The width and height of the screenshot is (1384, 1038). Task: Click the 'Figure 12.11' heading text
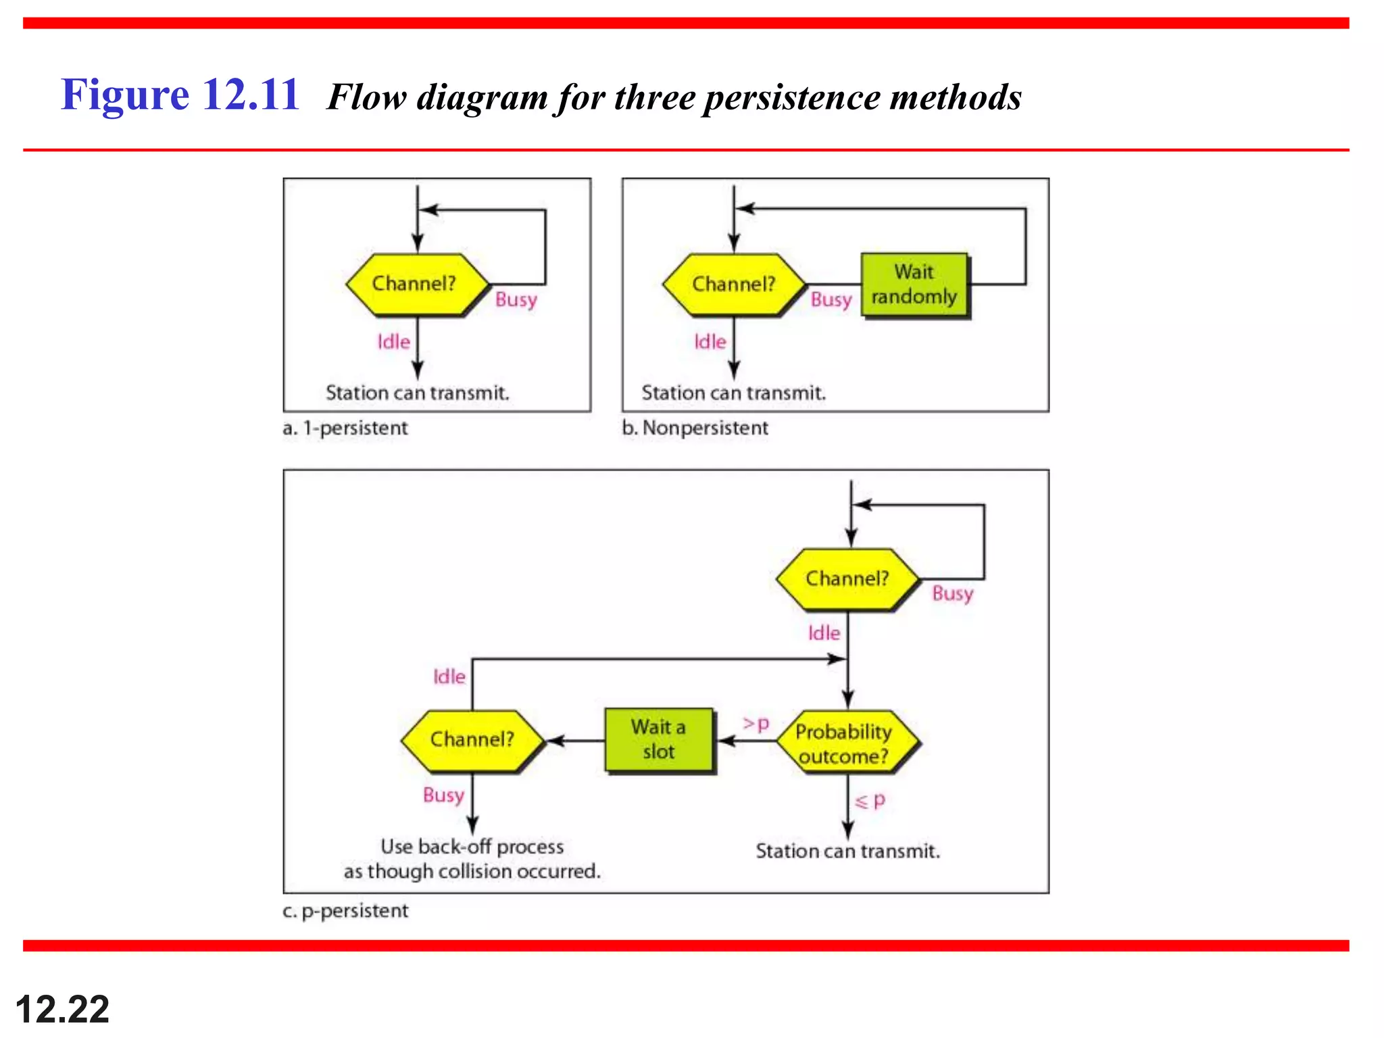click(180, 95)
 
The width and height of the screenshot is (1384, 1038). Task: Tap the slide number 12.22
click(62, 1010)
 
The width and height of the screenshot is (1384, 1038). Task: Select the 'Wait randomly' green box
click(914, 285)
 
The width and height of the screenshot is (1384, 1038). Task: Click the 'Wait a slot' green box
click(659, 740)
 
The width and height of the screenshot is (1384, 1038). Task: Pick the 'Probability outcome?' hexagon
click(845, 743)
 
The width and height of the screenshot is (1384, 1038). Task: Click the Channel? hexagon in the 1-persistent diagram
click(415, 284)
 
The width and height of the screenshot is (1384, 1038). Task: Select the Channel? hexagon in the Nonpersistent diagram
click(734, 284)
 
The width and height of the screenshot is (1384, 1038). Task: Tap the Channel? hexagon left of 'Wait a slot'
click(472, 740)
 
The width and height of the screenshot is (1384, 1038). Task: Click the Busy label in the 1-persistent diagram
click(516, 299)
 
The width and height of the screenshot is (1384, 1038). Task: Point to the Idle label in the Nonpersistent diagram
click(710, 342)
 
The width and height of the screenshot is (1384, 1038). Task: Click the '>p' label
click(756, 724)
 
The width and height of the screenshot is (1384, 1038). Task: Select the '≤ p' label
click(870, 801)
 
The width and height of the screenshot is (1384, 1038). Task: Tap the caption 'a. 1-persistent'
click(345, 428)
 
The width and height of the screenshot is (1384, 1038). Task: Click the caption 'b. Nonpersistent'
click(695, 428)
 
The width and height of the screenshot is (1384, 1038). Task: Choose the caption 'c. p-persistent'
click(345, 911)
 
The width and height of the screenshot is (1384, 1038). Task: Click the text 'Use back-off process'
click(472, 847)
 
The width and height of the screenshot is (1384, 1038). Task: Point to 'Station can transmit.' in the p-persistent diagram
click(847, 851)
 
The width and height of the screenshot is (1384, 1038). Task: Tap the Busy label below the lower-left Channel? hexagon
click(443, 795)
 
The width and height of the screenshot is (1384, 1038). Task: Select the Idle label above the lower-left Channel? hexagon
click(449, 676)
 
